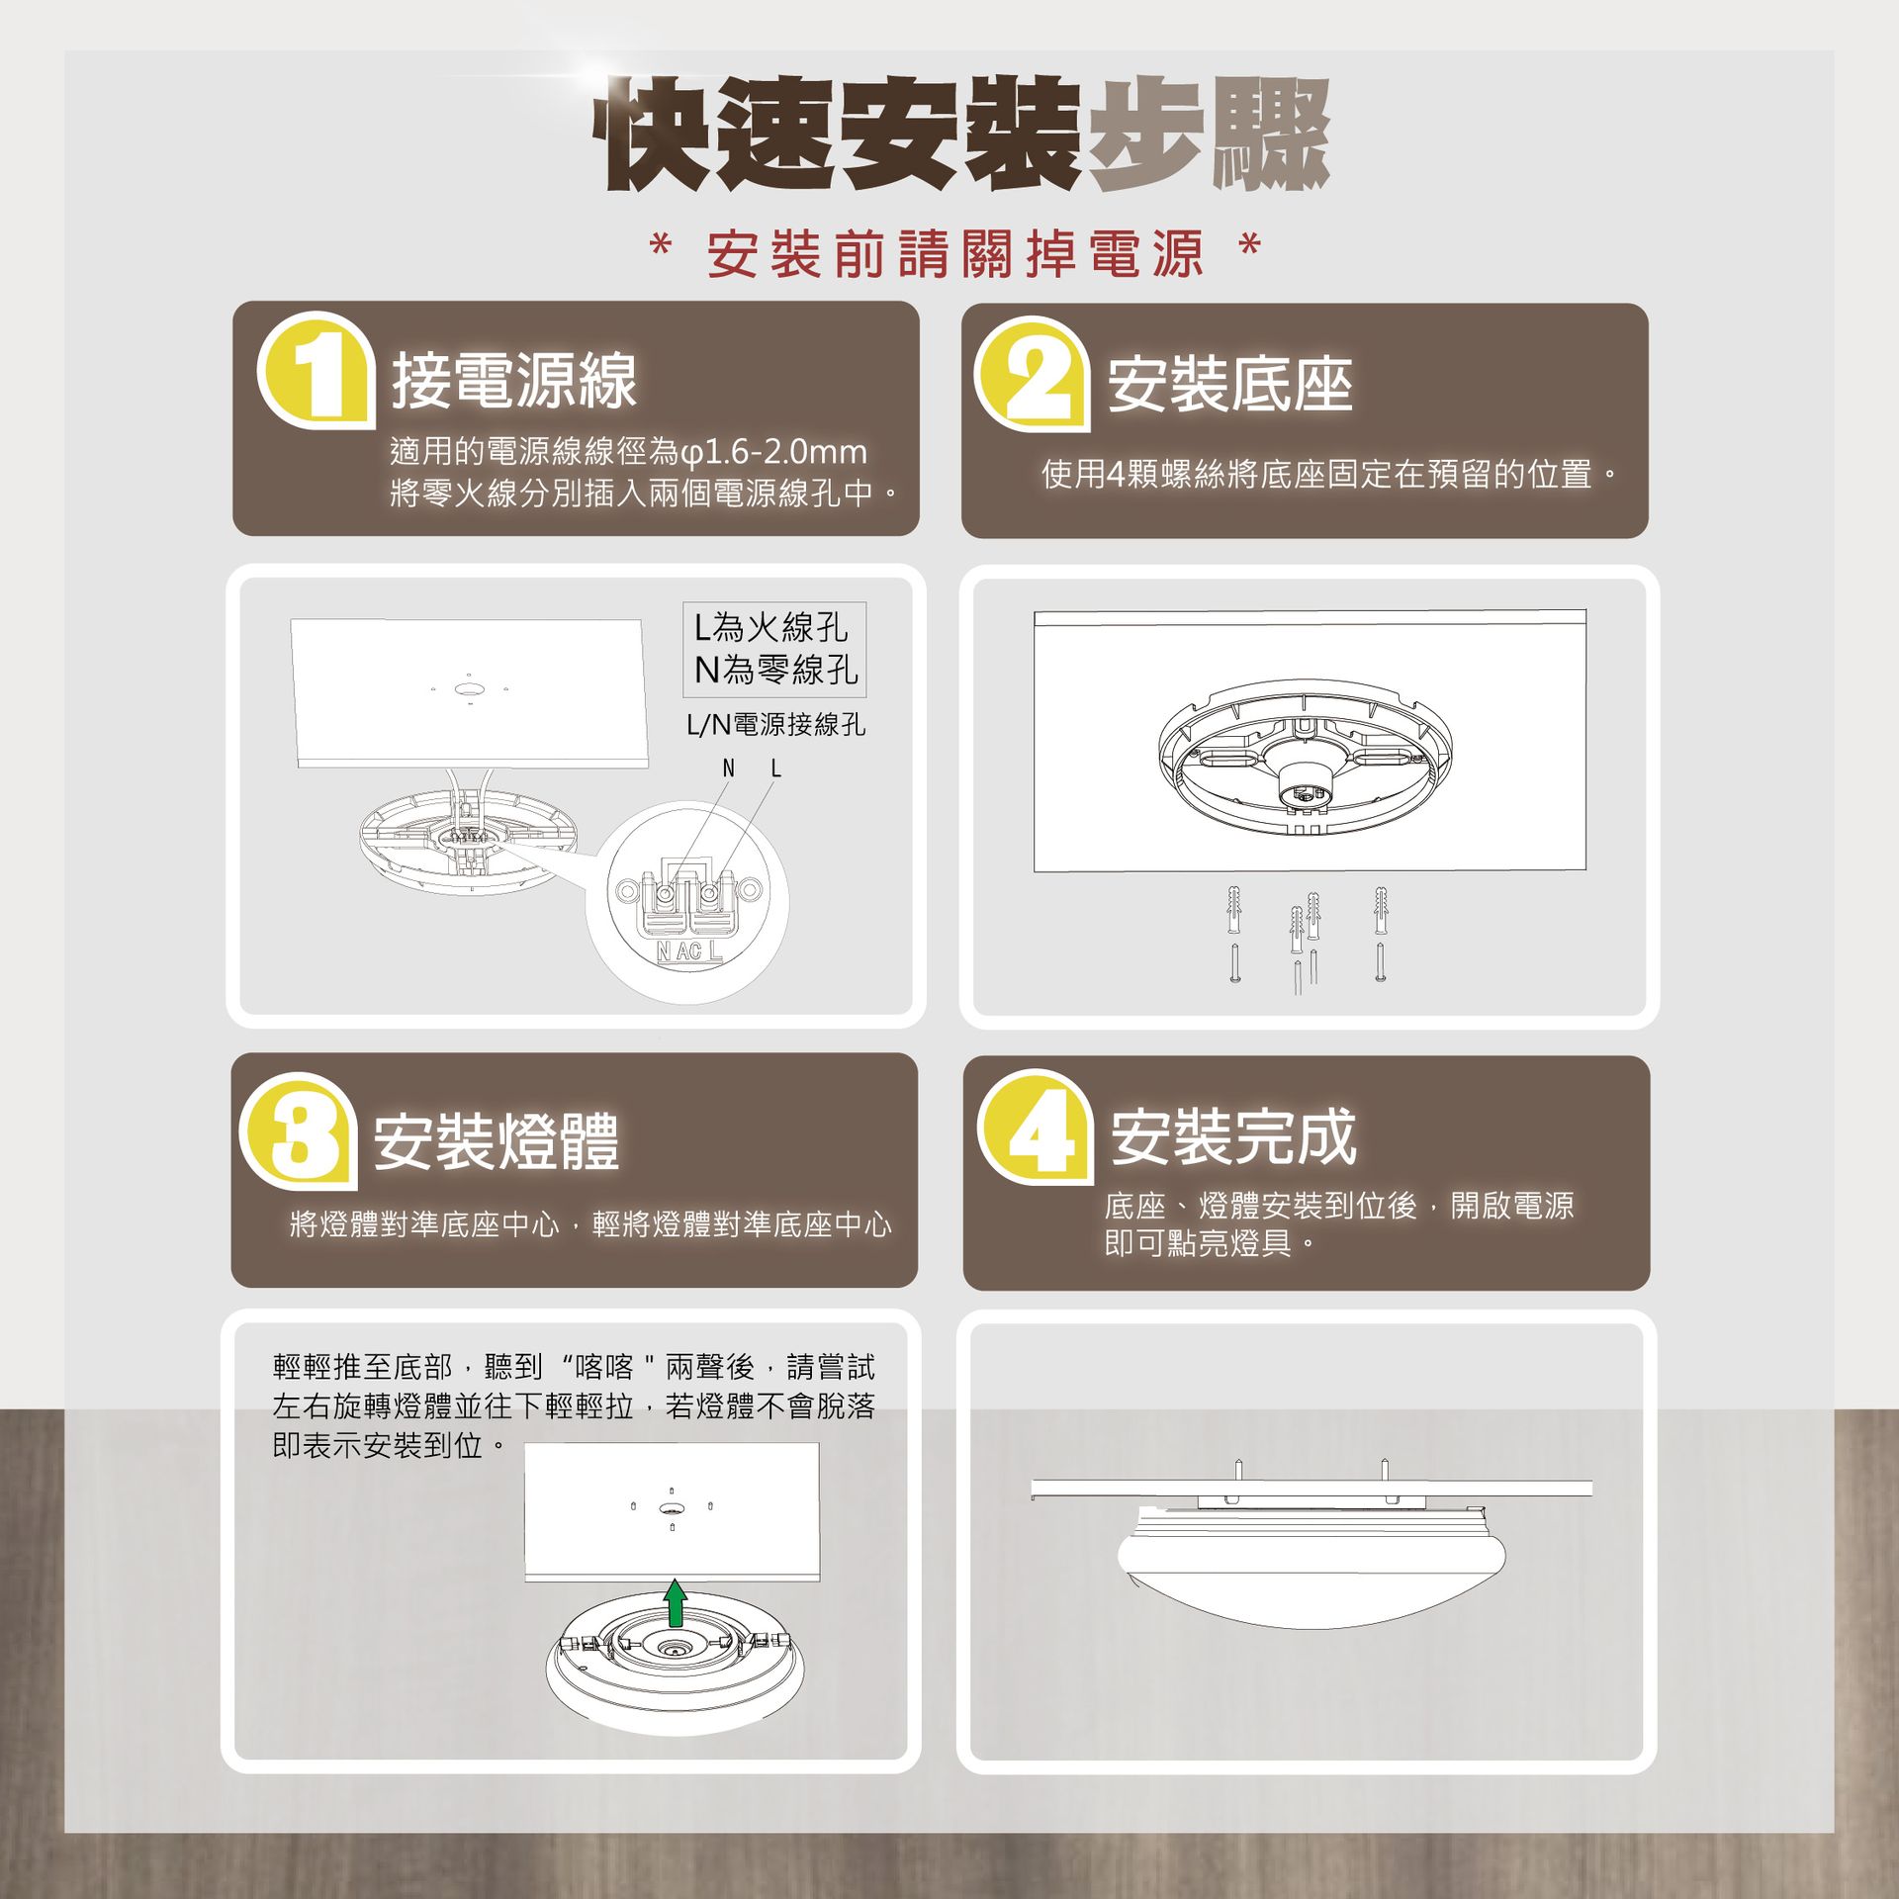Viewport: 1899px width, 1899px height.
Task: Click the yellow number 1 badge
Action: pyautogui.click(x=316, y=373)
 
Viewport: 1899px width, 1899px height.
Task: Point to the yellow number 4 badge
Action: pyautogui.click(x=1035, y=1130)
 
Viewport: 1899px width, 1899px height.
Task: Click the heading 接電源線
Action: pyautogui.click(x=514, y=381)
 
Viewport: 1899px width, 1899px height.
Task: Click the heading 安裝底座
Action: pyautogui.click(x=1229, y=385)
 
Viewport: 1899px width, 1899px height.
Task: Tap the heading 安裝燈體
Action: pyautogui.click(x=496, y=1141)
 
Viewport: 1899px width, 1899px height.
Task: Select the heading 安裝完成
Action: pyautogui.click(x=1233, y=1137)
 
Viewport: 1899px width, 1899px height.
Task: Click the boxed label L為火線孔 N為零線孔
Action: pyautogui.click(x=774, y=649)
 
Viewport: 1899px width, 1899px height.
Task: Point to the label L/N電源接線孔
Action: pyautogui.click(x=775, y=725)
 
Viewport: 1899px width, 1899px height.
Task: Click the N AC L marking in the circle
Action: pyautogui.click(x=689, y=951)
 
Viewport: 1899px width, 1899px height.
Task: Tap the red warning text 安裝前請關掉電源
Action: pyautogui.click(x=955, y=254)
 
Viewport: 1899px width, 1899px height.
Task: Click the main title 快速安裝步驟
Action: pyautogui.click(x=962, y=136)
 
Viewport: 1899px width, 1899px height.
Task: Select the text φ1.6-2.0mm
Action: pyautogui.click(x=773, y=452)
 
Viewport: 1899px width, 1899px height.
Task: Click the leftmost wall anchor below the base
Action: pyautogui.click(x=1234, y=909)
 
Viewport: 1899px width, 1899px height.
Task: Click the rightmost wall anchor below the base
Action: pyautogui.click(x=1381, y=910)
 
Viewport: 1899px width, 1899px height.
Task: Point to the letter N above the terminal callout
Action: pyautogui.click(x=729, y=769)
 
